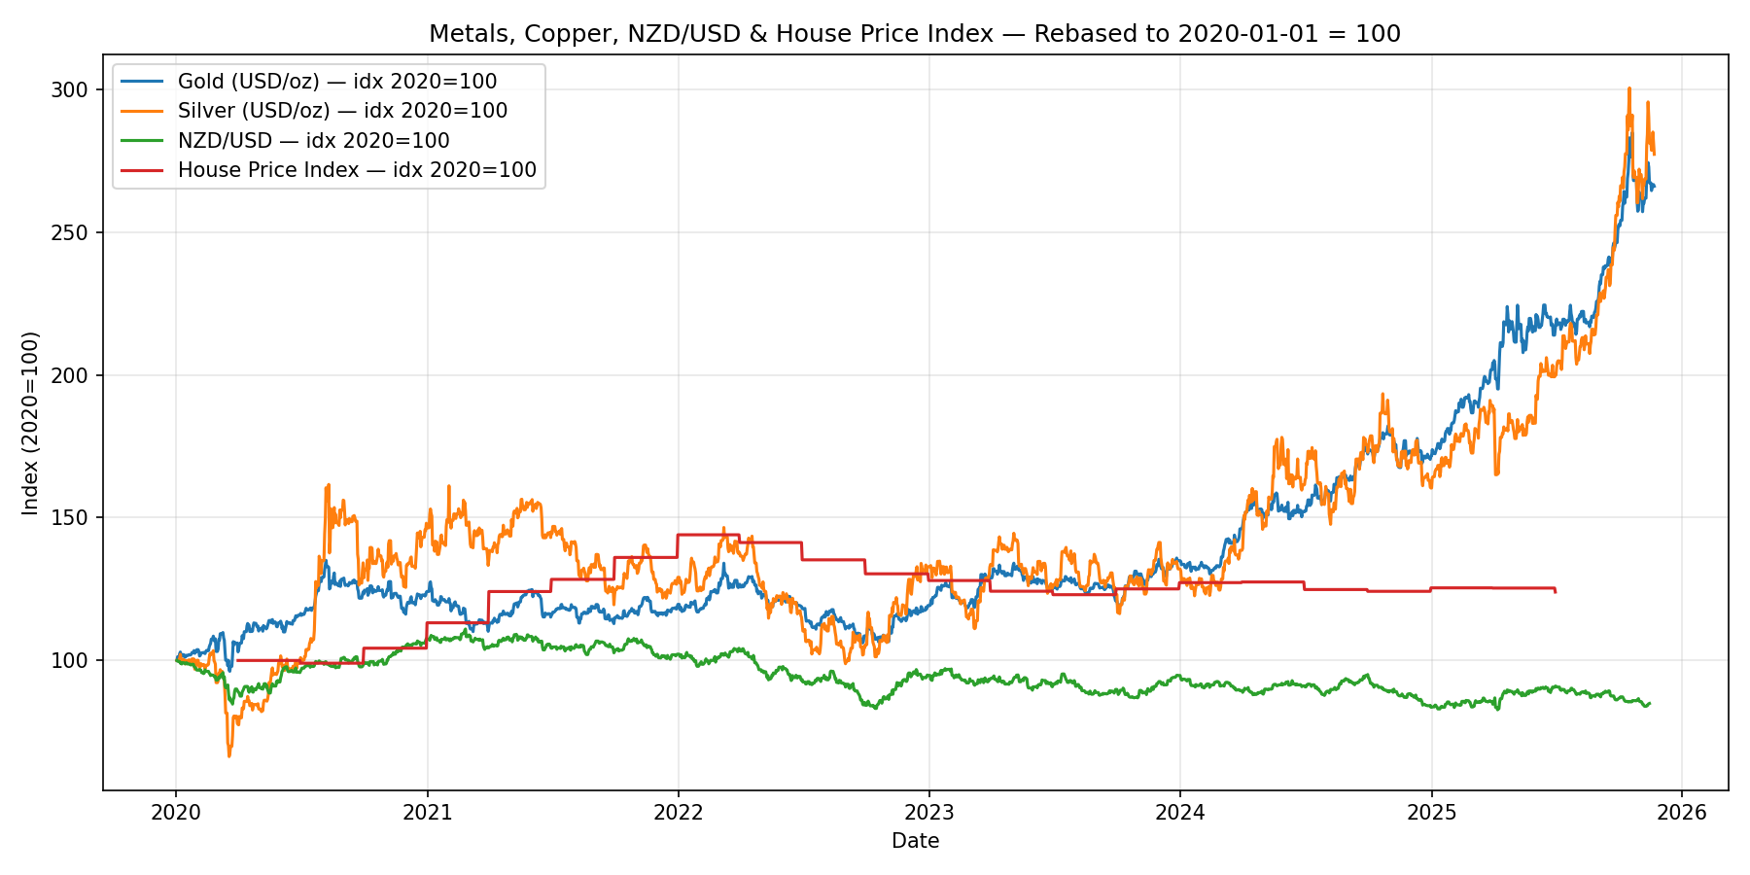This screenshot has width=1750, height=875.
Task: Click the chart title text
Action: click(914, 34)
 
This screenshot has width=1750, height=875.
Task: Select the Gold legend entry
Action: click(336, 82)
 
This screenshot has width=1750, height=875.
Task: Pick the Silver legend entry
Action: click(342, 111)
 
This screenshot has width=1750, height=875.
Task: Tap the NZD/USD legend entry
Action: click(313, 141)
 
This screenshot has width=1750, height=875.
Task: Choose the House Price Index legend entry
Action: click(357, 170)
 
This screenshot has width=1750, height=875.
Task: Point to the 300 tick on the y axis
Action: click(76, 89)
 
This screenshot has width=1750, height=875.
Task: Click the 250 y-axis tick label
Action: click(76, 232)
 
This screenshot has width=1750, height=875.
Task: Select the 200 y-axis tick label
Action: click(76, 375)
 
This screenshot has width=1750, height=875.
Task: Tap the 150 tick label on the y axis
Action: click(76, 517)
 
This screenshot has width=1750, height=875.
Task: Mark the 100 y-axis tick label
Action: click(76, 660)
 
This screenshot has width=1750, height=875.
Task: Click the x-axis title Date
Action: click(915, 841)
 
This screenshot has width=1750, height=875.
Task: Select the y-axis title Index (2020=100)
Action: click(31, 423)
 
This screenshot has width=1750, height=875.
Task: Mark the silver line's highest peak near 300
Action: click(1628, 88)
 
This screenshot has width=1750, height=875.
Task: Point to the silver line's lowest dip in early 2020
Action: click(229, 755)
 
